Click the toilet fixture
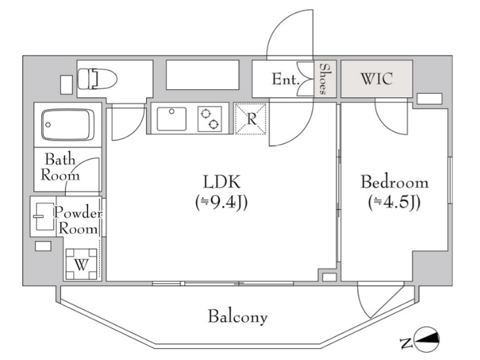point(97,79)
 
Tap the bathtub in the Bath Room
point(68,125)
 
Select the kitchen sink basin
point(172,119)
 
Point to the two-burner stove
point(210,119)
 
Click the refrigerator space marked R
point(250,119)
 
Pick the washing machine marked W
point(81,264)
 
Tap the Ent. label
point(285,79)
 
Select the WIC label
point(377,79)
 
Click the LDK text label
point(222,182)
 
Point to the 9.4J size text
point(222,202)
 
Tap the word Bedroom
point(394,182)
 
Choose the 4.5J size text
point(394,202)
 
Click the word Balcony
point(238,317)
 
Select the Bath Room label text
point(60,167)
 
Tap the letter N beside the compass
point(406,344)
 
